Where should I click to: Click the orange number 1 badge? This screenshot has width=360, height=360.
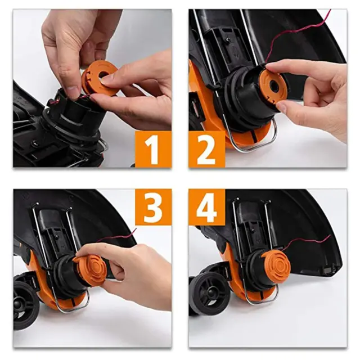point(154,149)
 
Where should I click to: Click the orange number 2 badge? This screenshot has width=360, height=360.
point(207,149)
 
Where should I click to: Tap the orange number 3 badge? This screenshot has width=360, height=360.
point(154,208)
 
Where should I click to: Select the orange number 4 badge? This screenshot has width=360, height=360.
point(207,208)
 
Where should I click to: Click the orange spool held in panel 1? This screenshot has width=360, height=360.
point(99,78)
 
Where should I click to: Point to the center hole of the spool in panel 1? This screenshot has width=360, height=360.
point(103,74)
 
